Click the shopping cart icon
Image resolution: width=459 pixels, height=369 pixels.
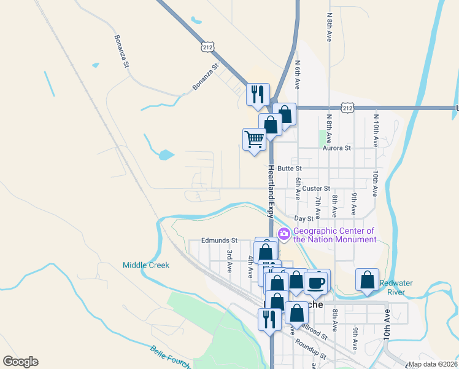(x=254, y=139)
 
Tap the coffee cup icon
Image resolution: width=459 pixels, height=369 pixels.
(x=317, y=282)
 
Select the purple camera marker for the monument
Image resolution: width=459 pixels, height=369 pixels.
(x=284, y=234)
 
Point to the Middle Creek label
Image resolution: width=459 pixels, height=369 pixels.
(x=145, y=265)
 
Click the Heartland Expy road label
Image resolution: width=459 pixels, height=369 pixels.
(x=269, y=191)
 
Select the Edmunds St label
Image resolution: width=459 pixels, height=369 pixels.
(x=219, y=240)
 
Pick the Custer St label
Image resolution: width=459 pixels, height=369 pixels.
(x=316, y=188)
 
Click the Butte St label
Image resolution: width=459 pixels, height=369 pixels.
(x=290, y=168)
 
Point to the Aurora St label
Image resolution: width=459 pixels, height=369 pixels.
(x=337, y=148)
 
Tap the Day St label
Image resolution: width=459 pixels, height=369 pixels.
(x=304, y=218)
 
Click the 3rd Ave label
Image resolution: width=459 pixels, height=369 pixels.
(x=229, y=257)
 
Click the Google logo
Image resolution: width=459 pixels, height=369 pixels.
(x=20, y=362)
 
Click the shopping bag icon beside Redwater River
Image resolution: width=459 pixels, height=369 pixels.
(x=367, y=279)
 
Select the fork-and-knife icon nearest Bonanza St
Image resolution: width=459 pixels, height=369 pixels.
(x=258, y=94)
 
